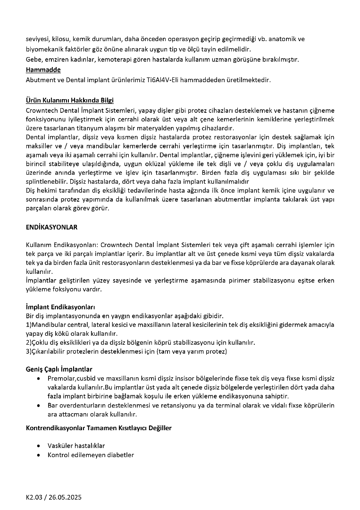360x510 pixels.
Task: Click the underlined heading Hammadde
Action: pyautogui.click(x=40, y=70)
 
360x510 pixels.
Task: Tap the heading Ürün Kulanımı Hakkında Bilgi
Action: pyautogui.click(x=69, y=101)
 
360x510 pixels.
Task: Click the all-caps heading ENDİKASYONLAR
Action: pyautogui.click(x=51, y=227)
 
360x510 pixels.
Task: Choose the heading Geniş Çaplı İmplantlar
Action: pyautogui.click(x=59, y=369)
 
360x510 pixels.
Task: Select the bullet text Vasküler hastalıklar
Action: pyautogui.click(x=76, y=445)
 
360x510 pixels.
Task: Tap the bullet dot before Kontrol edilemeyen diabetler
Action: pyautogui.click(x=38, y=455)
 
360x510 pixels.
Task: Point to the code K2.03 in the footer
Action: pyautogui.click(x=34, y=497)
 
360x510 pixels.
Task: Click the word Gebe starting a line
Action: pyautogui.click(x=33, y=59)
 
